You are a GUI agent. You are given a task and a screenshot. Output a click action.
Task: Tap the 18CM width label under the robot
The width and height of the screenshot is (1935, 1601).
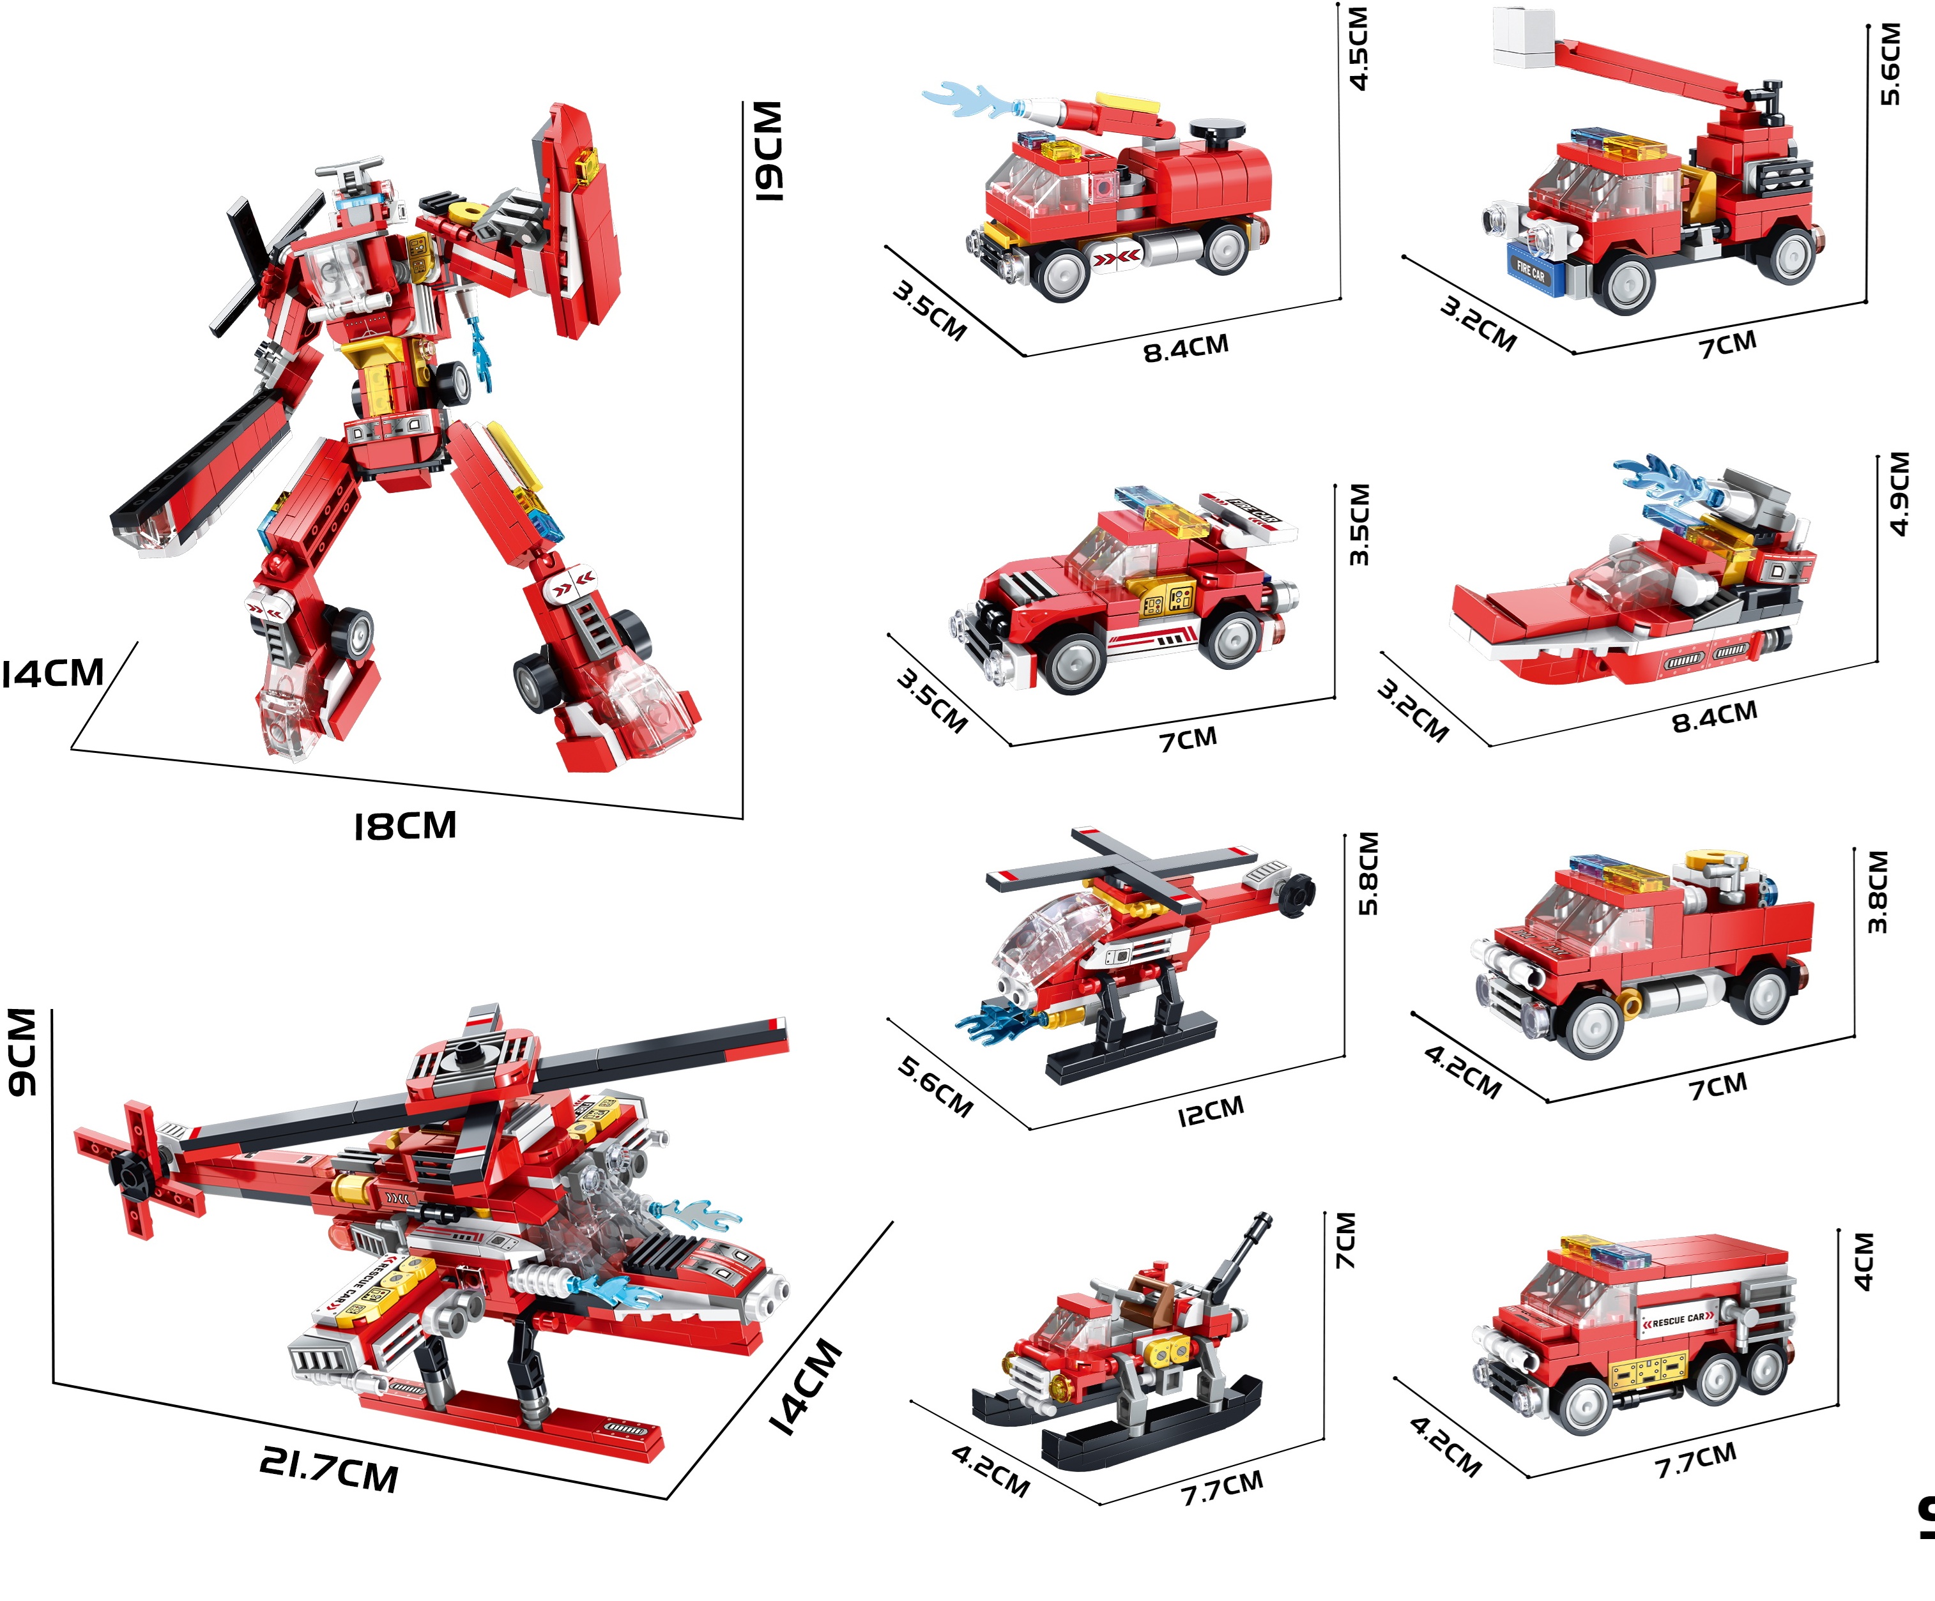pos(406,826)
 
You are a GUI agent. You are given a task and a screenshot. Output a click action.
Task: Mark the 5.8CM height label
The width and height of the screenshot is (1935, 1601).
pos(1369,873)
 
